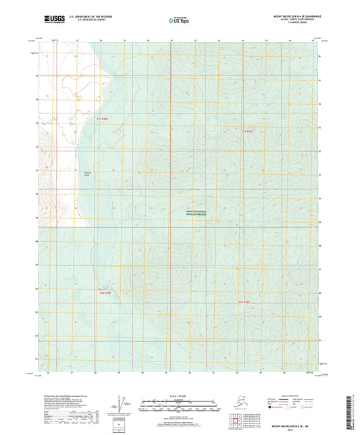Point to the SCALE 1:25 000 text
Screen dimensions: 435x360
pos(179,396)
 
